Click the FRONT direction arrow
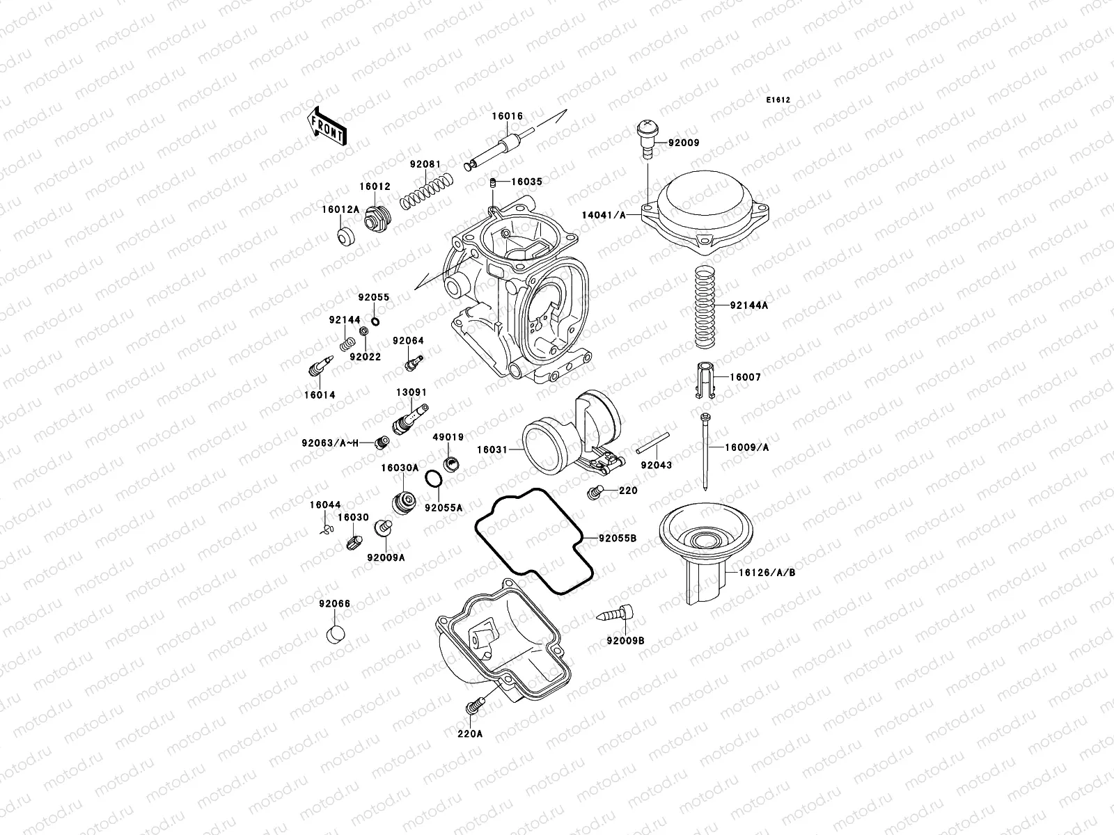(327, 126)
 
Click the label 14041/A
(602, 216)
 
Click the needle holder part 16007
(705, 379)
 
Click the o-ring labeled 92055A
(432, 479)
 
